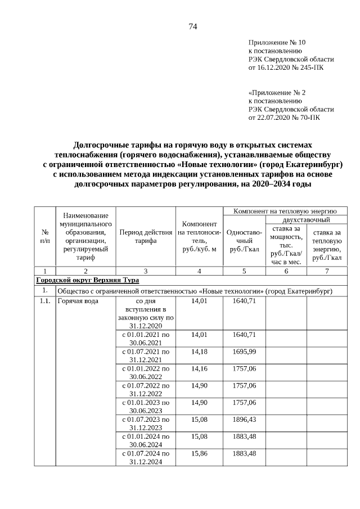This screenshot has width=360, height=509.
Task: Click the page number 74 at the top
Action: [x=192, y=26]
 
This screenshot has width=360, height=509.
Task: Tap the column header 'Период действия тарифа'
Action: [x=146, y=236]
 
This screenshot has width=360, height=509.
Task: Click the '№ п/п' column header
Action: [x=44, y=236]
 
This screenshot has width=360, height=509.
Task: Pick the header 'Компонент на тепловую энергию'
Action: [x=285, y=210]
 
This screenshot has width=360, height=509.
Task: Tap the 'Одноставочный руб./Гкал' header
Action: [x=244, y=241]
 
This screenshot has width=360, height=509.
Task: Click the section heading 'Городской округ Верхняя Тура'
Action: [x=87, y=280]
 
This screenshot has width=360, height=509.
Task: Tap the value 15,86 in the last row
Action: [x=199, y=453]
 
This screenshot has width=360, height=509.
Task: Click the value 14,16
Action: [x=199, y=368]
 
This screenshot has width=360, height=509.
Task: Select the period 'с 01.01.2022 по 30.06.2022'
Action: [x=146, y=372]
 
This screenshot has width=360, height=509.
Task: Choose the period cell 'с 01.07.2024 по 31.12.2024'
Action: [x=146, y=457]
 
